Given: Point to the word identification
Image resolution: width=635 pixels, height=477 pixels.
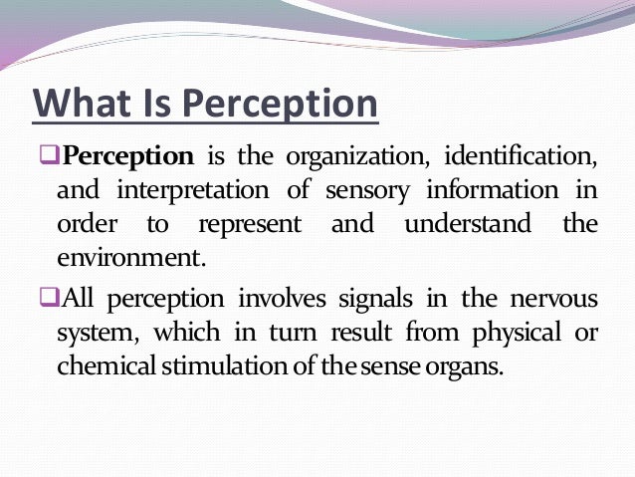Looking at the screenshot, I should coord(521,157).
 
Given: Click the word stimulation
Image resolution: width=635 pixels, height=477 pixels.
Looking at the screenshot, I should coord(217,363).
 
